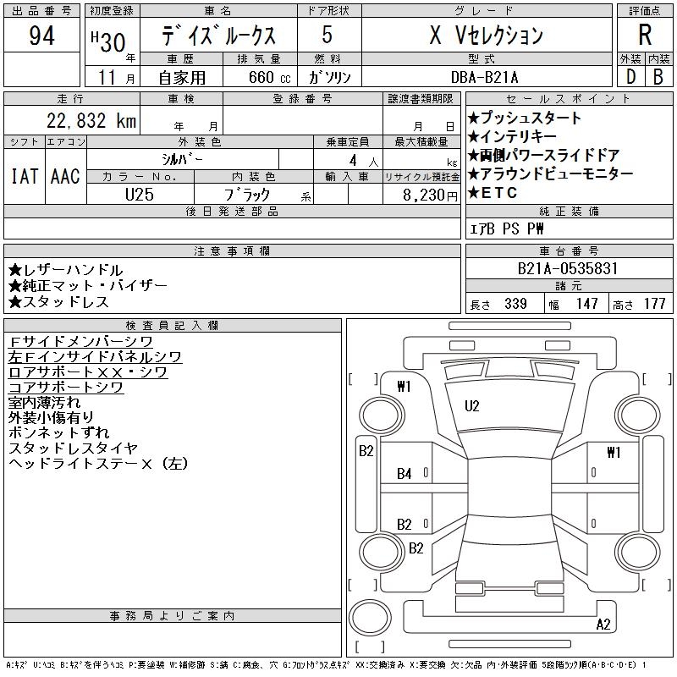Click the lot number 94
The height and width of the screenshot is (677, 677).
click(x=42, y=36)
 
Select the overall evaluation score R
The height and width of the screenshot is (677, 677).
click(x=645, y=36)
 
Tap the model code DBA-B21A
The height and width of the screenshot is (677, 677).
click(x=486, y=77)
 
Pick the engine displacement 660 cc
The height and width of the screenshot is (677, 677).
click(x=258, y=77)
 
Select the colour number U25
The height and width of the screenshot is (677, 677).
click(x=140, y=194)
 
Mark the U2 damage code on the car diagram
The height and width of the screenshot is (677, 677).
click(x=472, y=406)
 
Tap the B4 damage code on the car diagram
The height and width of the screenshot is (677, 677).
click(x=405, y=474)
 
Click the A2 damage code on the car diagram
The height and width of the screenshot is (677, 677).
click(x=603, y=625)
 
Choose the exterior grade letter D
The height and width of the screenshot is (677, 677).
click(x=630, y=76)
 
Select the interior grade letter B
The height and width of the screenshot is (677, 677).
click(x=658, y=76)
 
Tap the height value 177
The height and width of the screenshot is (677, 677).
click(x=654, y=304)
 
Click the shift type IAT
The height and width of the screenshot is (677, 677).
click(x=24, y=176)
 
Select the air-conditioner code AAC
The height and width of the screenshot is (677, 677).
click(x=65, y=176)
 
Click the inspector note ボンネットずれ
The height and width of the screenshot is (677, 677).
click(x=57, y=432)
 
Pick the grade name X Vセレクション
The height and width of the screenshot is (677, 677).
click(x=486, y=36)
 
